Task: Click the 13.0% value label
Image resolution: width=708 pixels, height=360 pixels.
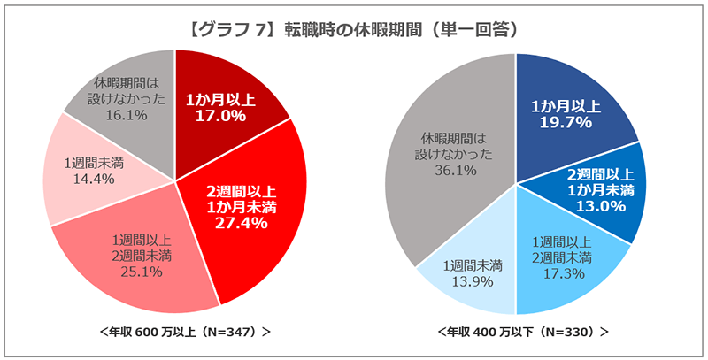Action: click(601, 206)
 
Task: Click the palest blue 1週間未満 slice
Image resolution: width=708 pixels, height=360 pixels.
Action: click(469, 265)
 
